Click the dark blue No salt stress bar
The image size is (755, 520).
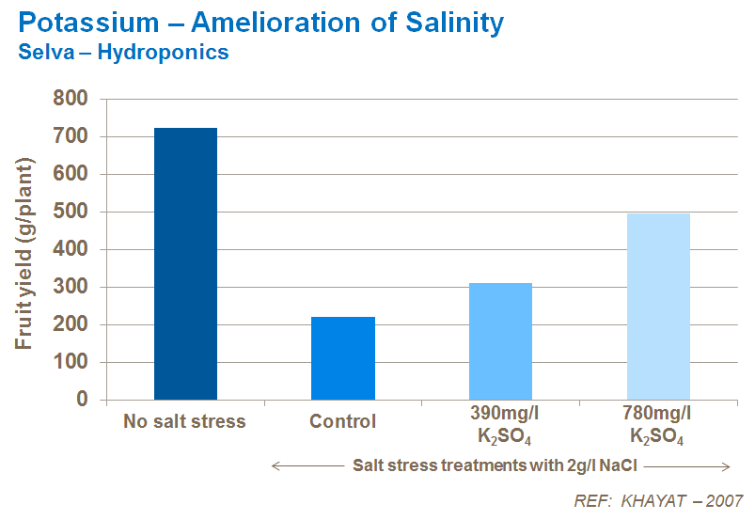point(185,263)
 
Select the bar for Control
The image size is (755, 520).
point(343,358)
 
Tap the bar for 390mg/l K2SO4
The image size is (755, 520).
point(500,341)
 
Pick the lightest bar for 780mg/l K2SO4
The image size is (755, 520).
point(658,307)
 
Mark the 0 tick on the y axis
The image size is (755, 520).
point(82,400)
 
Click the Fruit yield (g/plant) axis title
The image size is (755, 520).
point(24,248)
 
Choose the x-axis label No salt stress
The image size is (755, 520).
point(184,421)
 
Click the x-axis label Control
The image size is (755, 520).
point(343,421)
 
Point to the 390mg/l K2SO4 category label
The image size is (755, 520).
point(500,427)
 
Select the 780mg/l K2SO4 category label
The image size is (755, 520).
point(658,427)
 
